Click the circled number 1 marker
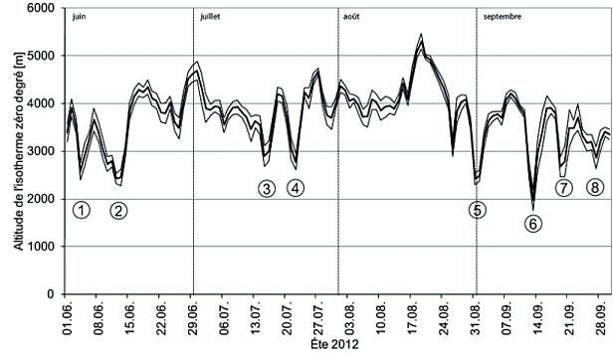(x=82, y=209)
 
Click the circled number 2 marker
(x=118, y=210)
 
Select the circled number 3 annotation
(x=266, y=187)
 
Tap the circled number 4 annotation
(x=296, y=187)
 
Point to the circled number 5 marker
(x=478, y=210)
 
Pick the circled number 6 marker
(x=534, y=223)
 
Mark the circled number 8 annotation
(x=595, y=187)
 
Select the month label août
(x=351, y=18)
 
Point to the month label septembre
(x=505, y=18)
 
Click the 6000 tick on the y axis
(x=46, y=8)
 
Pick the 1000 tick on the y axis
(x=46, y=247)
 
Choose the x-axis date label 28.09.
(x=602, y=319)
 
